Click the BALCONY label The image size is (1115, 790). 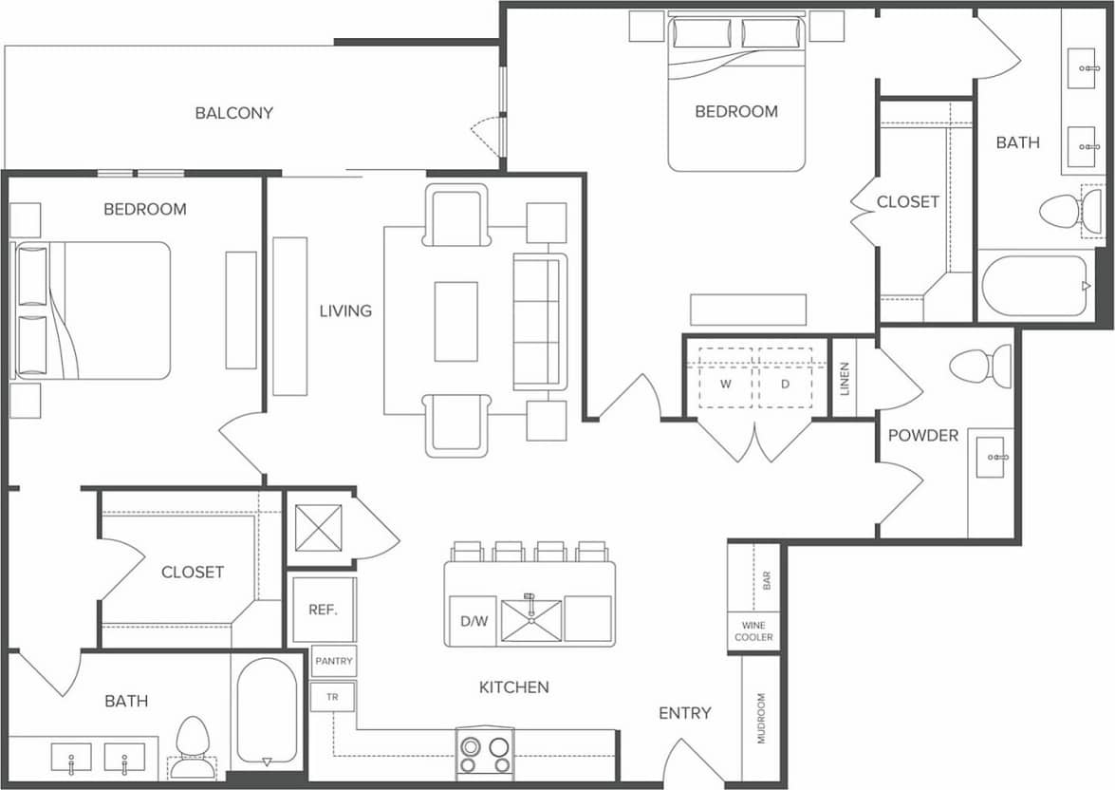click(233, 113)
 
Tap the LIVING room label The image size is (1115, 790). click(345, 310)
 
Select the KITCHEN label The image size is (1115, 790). click(513, 687)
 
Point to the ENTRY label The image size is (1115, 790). click(684, 713)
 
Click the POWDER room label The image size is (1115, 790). click(922, 436)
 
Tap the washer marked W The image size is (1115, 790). click(726, 384)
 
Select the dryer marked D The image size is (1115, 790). click(785, 384)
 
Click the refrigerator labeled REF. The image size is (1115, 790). click(324, 610)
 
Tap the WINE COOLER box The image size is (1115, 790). click(753, 631)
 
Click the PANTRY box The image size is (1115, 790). click(333, 661)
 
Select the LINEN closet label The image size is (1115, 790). click(844, 378)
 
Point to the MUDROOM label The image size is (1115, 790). click(760, 718)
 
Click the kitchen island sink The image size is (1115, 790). click(531, 619)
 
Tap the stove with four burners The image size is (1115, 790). click(484, 754)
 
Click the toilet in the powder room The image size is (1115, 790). click(981, 367)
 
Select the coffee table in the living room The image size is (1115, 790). click(455, 321)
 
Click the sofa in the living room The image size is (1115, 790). click(539, 321)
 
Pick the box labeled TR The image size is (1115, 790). click(332, 697)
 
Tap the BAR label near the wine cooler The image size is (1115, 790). click(766, 580)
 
